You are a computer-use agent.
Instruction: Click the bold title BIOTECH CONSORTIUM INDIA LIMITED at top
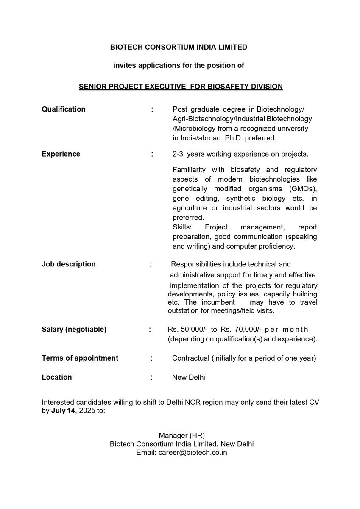coord(179,47)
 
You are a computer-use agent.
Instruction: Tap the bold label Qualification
coord(64,109)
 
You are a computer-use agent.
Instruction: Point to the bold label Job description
coord(69,264)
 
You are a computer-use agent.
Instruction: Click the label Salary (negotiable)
coord(74,330)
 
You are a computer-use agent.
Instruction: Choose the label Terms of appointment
coord(80,358)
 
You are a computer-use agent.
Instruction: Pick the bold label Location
coord(57,377)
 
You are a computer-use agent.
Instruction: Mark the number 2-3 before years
coord(179,154)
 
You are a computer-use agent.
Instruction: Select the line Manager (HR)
coord(181,435)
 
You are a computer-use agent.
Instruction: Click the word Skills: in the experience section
coord(182,227)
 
